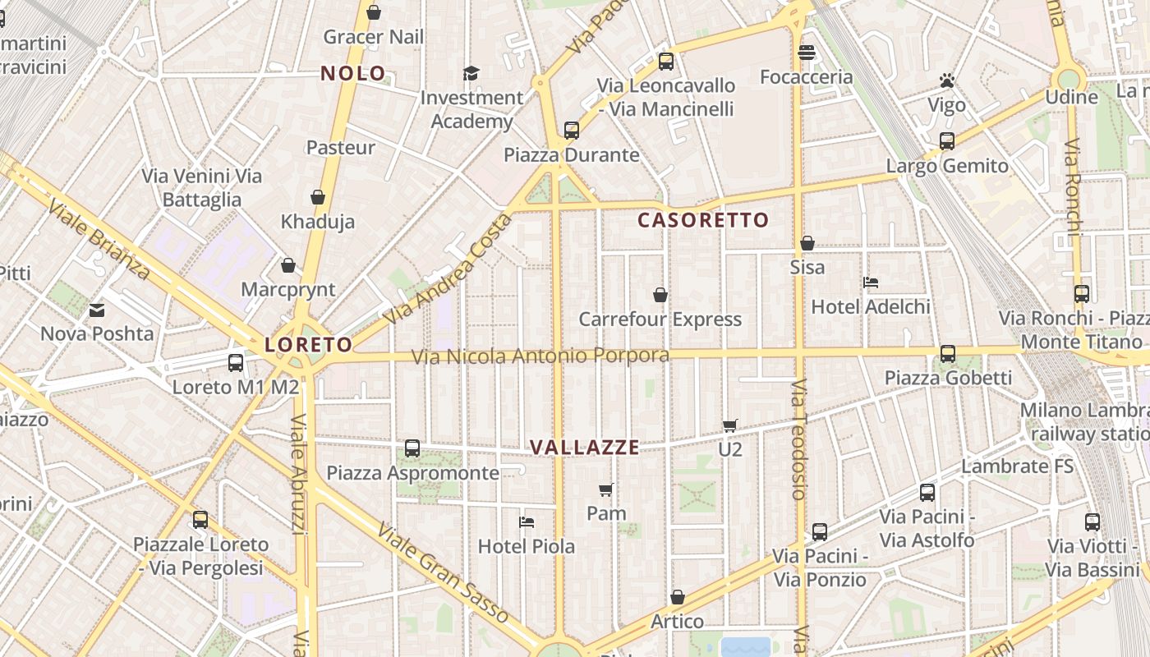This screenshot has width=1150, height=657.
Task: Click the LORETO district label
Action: point(308,345)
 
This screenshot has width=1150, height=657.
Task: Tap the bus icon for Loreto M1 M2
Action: point(236,362)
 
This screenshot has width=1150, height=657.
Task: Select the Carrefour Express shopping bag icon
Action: point(660,295)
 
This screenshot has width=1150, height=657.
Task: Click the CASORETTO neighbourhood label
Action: point(703,220)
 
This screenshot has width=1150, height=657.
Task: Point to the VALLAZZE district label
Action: point(584,448)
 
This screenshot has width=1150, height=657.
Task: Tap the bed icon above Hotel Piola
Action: point(527,522)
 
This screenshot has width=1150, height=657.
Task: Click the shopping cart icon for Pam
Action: point(606,490)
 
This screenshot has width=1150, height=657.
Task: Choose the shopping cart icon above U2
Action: point(729,425)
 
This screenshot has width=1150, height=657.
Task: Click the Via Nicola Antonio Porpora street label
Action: point(540,356)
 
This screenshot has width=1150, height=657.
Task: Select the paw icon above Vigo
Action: point(946,81)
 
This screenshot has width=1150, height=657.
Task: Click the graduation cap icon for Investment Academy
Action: point(471,74)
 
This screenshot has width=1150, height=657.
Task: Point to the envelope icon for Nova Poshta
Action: point(97,310)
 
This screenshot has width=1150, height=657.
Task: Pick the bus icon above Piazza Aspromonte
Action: point(412,448)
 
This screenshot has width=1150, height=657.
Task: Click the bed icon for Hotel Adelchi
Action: point(871,283)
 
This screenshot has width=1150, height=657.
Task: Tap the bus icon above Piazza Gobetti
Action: point(947,354)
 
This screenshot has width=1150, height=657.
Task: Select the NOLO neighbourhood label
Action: point(353,73)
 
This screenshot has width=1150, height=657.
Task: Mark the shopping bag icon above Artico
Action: point(677,597)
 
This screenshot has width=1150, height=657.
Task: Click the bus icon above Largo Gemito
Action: point(946,141)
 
